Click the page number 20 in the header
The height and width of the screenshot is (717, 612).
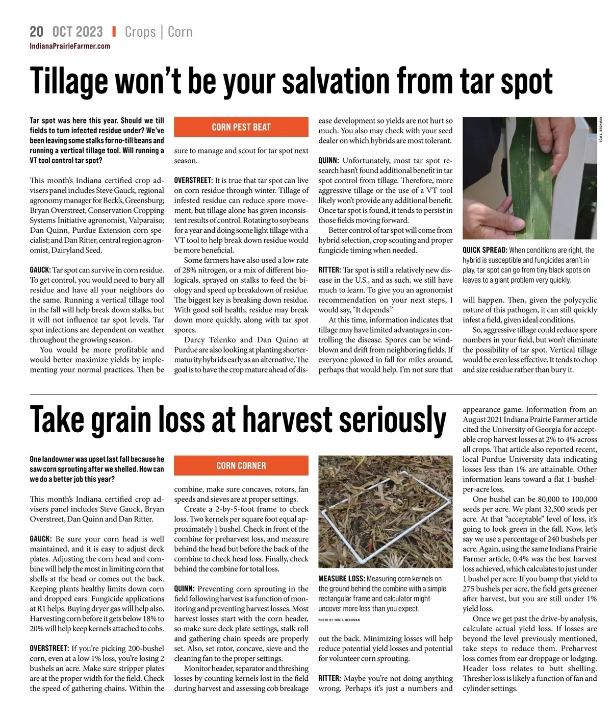36,32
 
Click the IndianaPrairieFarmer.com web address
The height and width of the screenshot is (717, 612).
70,46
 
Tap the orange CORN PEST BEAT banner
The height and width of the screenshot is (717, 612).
241,127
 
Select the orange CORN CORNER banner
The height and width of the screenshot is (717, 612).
241,465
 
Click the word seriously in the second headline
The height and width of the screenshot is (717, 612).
393,419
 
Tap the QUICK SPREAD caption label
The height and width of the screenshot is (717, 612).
484,250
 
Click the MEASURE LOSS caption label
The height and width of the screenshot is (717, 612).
341,579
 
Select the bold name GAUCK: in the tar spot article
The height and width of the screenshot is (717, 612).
40,270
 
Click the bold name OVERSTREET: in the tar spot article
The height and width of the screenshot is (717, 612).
193,180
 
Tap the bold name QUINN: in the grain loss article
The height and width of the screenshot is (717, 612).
184,589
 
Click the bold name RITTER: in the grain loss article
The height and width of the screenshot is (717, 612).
329,678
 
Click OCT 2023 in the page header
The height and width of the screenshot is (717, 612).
78,32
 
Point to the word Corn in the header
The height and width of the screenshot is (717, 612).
180,32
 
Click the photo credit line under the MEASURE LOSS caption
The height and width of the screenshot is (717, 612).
339,620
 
